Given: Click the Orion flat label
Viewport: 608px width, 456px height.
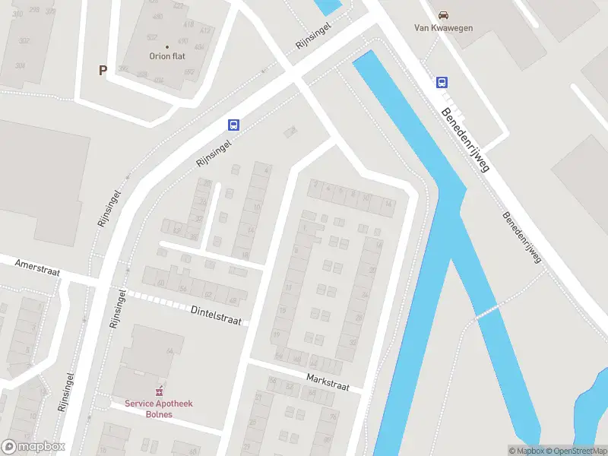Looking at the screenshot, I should (167, 55).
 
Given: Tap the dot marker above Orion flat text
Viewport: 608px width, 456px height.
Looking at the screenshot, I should (167, 46).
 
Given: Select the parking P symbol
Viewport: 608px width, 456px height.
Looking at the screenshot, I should (103, 71).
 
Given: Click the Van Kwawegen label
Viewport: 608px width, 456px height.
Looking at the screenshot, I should (443, 28).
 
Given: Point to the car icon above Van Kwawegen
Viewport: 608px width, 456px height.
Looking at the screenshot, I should (443, 14).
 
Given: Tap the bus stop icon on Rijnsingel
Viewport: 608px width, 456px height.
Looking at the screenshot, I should (234, 125).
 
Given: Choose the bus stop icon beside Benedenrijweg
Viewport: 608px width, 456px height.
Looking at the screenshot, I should (442, 83).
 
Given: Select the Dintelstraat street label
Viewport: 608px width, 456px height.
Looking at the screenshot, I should (216, 315).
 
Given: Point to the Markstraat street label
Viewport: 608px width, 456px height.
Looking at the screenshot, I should (328, 382).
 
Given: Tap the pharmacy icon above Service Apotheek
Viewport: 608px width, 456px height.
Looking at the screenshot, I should (160, 391).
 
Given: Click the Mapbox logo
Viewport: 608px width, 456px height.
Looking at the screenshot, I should (33, 447).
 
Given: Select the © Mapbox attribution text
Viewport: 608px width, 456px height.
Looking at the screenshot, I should (525, 451).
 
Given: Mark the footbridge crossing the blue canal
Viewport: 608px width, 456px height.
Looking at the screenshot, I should (486, 312).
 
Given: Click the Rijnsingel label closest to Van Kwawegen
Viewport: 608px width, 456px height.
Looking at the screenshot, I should (313, 35).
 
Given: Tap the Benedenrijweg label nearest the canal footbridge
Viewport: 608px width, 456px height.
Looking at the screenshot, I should (521, 237).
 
